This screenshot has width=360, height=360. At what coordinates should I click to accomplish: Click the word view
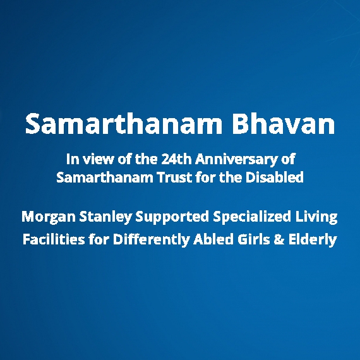95,159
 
